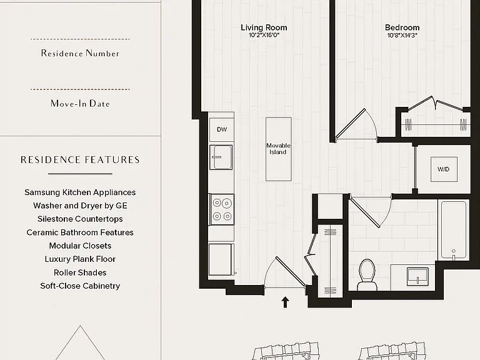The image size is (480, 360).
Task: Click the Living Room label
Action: click(x=264, y=27)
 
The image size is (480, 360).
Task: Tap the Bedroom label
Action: click(x=402, y=27)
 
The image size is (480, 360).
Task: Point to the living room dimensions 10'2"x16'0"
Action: click(x=264, y=35)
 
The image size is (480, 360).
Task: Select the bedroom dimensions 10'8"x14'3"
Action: click(x=402, y=35)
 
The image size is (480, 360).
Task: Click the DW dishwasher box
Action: click(x=222, y=129)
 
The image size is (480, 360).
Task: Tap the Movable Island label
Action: click(x=278, y=149)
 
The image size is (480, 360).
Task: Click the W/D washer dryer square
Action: click(x=444, y=169)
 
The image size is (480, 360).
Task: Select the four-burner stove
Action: click(x=222, y=209)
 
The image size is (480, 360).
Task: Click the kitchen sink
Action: click(x=221, y=157)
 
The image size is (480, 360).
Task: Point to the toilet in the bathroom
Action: click(x=367, y=275)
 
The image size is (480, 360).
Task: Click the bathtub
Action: click(x=453, y=230)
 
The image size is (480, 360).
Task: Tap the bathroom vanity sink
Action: click(x=417, y=276)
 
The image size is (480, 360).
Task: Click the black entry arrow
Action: click(x=285, y=302)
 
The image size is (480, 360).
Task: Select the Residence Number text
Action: click(x=80, y=53)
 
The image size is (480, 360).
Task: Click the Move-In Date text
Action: click(x=80, y=104)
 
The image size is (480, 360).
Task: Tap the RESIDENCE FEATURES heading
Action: click(x=80, y=160)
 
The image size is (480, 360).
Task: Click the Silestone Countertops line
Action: click(x=80, y=219)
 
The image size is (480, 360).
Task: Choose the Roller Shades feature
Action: click(x=80, y=272)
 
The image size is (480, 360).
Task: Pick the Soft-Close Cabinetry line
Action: click(x=80, y=286)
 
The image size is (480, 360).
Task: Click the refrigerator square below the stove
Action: click(x=220, y=259)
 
